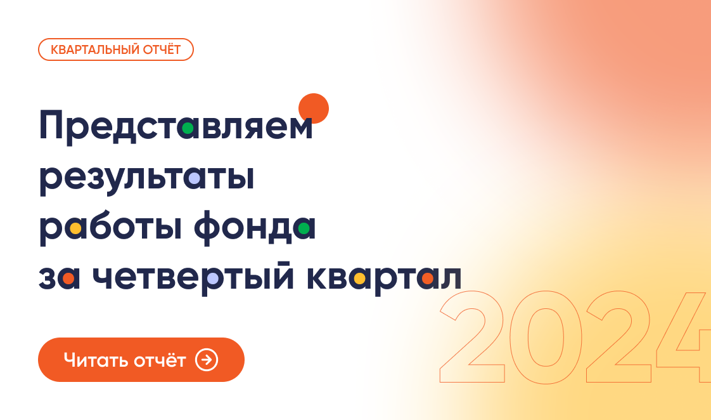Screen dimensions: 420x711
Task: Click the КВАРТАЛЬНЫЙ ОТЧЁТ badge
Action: click(115, 49)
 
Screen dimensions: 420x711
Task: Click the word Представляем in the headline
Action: click(176, 128)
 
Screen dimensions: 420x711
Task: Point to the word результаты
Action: click(147, 179)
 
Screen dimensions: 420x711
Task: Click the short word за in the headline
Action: click(60, 279)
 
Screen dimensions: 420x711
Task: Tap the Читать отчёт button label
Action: click(125, 360)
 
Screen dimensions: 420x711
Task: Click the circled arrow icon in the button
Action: click(207, 360)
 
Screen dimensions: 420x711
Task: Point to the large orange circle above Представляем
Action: click(314, 108)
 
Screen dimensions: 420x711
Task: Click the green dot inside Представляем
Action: click(187, 129)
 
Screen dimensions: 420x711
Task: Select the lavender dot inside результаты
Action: click(195, 180)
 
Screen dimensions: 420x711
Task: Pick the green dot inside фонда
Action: click(304, 228)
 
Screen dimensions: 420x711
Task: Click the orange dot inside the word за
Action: click(68, 279)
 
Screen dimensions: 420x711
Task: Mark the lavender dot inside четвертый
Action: click(213, 279)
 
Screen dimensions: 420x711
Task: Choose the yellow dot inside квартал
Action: click(359, 279)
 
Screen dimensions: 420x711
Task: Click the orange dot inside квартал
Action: click(428, 279)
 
